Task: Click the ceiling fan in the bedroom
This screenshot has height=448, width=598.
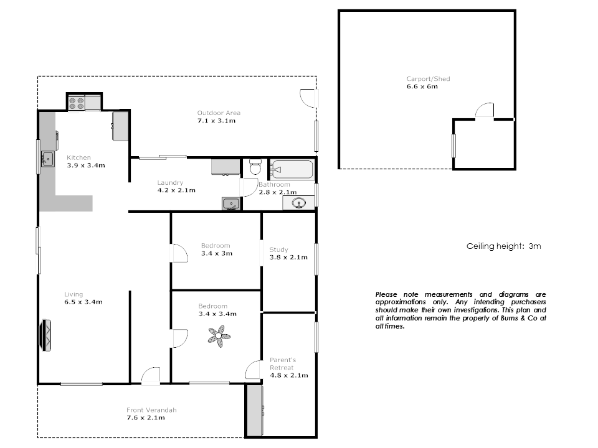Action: (219, 336)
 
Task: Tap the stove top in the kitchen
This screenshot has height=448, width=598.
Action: (76, 103)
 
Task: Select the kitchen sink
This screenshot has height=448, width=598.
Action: (48, 160)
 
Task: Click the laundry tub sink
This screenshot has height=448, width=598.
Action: (230, 203)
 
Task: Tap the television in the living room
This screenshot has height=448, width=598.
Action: (45, 335)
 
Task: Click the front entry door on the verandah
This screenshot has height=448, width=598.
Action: (151, 376)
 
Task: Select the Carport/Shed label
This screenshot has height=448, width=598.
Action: (428, 79)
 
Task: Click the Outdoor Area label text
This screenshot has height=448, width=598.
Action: (219, 113)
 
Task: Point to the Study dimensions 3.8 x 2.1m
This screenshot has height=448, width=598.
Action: (288, 257)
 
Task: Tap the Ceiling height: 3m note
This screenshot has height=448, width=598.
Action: (503, 246)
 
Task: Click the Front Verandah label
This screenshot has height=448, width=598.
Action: (151, 410)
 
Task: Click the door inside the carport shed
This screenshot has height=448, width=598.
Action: (485, 110)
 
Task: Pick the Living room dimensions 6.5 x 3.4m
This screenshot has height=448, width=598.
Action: (83, 302)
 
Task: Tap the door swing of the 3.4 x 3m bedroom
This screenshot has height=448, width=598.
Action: (179, 253)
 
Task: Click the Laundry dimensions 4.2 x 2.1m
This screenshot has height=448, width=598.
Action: (176, 190)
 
